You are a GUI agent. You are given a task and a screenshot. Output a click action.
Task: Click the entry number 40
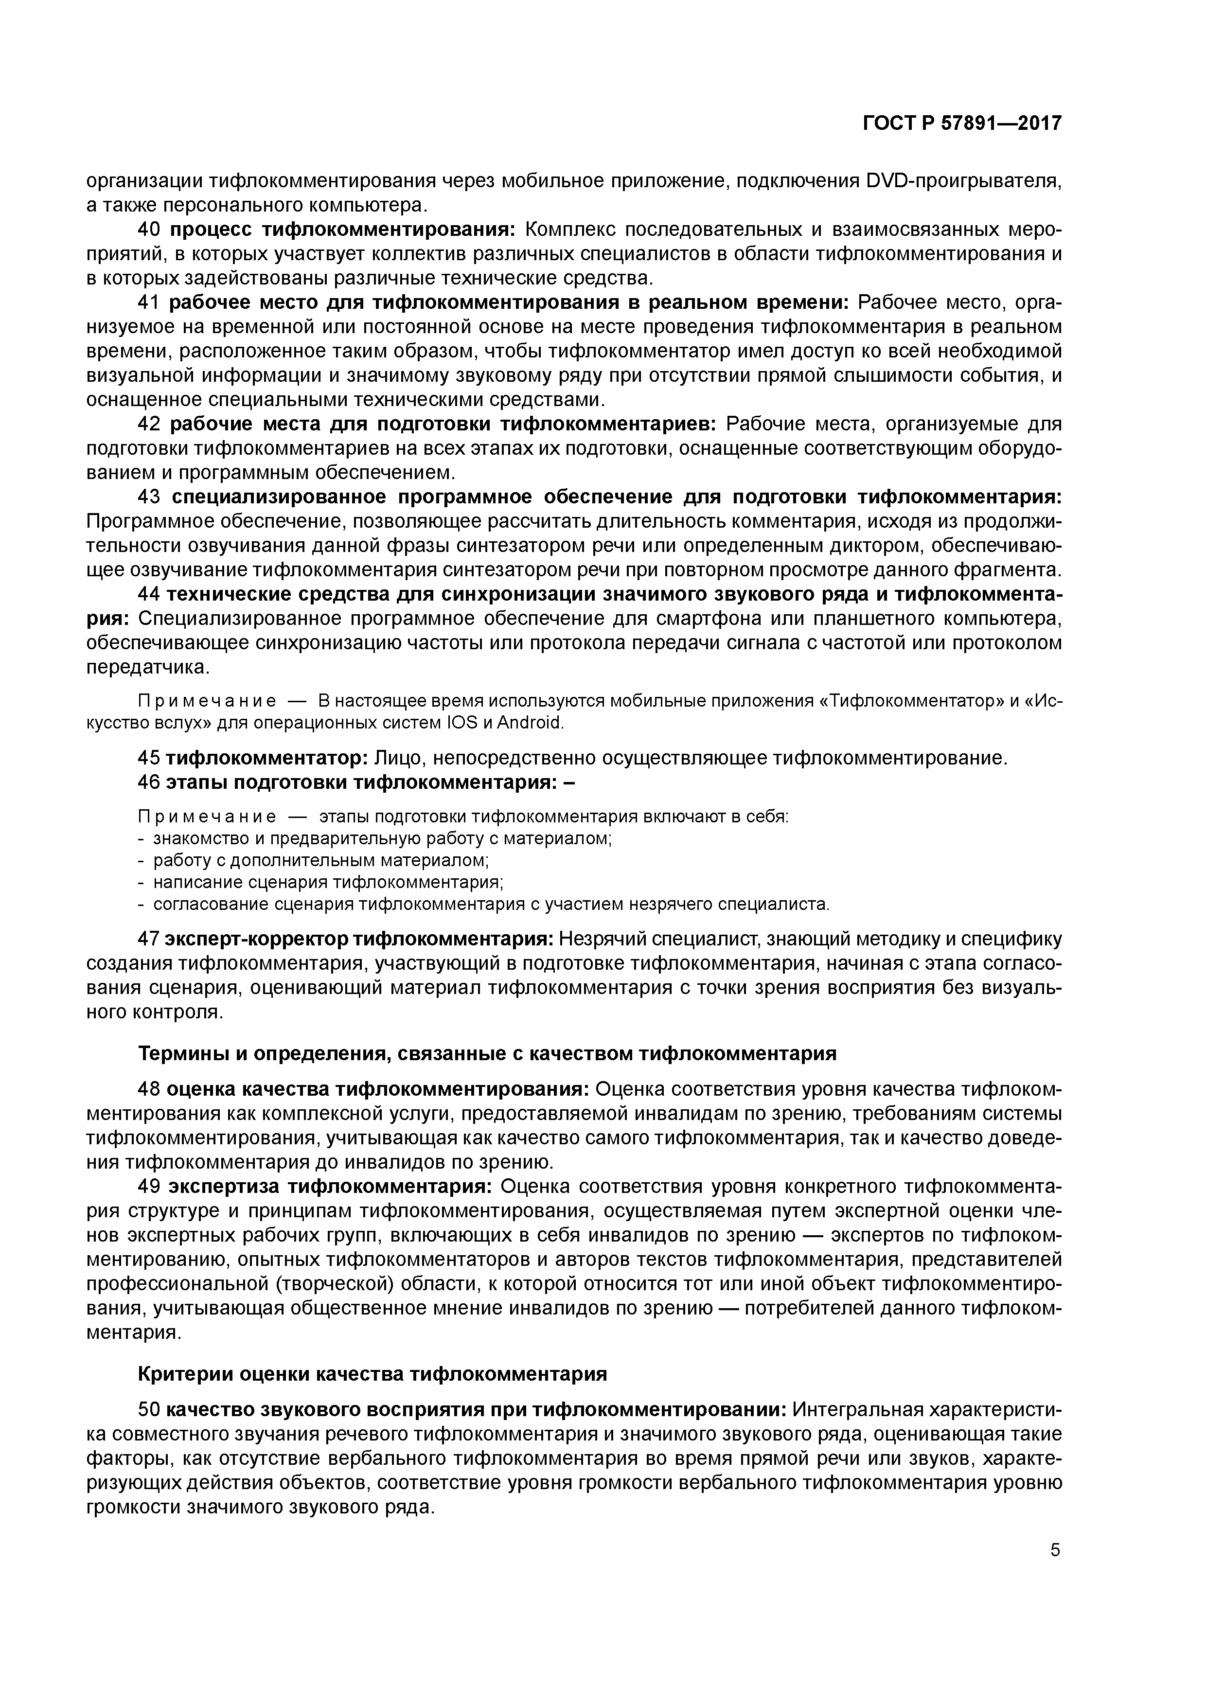(151, 231)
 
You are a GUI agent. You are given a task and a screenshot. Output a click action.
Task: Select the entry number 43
(151, 497)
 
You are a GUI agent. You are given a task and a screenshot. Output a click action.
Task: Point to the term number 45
(149, 758)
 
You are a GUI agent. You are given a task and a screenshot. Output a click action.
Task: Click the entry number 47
(149, 939)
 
